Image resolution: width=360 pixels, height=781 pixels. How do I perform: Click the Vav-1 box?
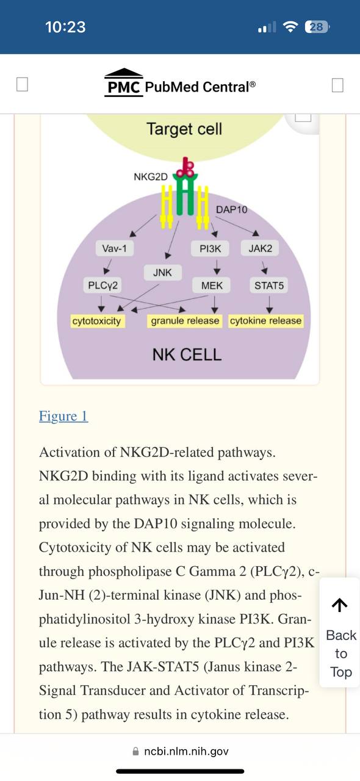[115, 248]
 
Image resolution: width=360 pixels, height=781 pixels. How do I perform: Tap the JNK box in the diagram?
[162, 272]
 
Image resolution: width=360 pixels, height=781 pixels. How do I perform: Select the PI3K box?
[210, 248]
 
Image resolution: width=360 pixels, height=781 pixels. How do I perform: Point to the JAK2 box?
[260, 248]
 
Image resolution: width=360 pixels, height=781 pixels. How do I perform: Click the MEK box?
[211, 286]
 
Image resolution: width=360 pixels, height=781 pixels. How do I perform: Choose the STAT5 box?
[269, 286]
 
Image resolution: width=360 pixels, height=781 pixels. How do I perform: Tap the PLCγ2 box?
[103, 286]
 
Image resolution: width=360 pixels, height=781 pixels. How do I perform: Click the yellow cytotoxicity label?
[96, 321]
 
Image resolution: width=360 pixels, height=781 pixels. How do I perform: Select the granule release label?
[185, 321]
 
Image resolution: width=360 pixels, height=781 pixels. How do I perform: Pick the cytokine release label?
[266, 321]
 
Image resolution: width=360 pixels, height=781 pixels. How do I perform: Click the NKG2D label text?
[151, 177]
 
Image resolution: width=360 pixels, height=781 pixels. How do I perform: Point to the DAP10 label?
[232, 209]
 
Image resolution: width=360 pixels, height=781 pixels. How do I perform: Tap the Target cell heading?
[184, 129]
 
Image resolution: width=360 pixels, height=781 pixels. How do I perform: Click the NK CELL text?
[187, 355]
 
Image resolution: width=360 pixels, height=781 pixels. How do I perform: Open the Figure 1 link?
[63, 416]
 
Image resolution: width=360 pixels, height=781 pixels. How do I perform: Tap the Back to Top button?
[340, 638]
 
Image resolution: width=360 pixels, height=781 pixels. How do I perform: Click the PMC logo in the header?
[124, 83]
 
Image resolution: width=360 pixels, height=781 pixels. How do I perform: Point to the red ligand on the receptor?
[185, 167]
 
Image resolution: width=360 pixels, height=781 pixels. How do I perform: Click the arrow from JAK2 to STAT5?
[264, 268]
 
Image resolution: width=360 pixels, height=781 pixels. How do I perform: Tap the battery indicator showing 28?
[317, 27]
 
